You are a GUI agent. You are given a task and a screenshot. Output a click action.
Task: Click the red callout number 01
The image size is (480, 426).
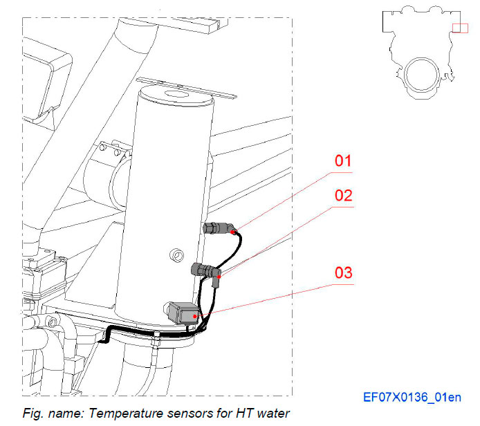[x=343, y=161]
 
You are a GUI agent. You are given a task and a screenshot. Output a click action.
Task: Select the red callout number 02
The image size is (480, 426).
[x=344, y=195]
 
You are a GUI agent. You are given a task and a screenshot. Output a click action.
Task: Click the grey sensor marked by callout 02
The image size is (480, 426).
[x=202, y=268]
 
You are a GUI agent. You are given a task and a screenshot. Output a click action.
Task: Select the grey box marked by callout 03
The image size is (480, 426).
[x=183, y=313]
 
